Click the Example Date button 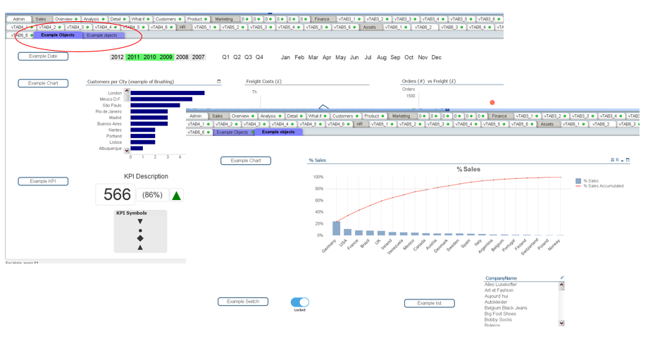point(43,56)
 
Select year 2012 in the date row point(117,57)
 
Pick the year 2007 point(199,57)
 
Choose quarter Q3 point(248,57)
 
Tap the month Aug point(382,57)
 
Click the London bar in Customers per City point(168,93)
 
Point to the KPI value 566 point(116,195)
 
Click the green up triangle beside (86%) point(177,195)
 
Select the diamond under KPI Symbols point(140,238)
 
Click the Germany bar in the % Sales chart point(337,228)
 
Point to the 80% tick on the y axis point(318,189)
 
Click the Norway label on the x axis point(554,244)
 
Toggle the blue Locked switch point(300,302)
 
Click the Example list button point(429,304)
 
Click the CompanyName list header point(501,278)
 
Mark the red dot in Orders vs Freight point(492,103)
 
